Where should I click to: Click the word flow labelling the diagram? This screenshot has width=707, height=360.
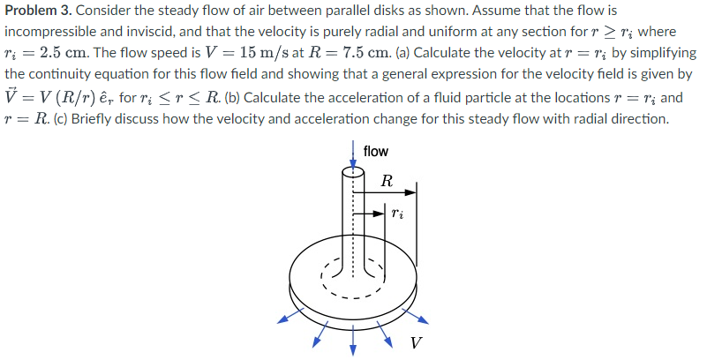(375, 151)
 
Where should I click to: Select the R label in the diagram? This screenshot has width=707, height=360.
(386, 183)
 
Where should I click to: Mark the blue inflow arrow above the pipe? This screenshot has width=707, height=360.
(354, 153)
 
